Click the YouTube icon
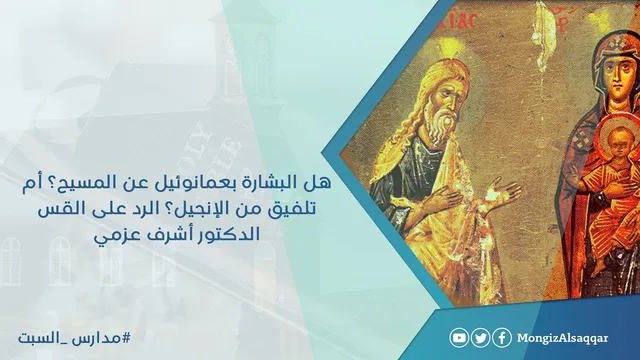(x=459, y=338)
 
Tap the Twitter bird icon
(x=480, y=338)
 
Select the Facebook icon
(x=502, y=338)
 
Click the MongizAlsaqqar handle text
(x=562, y=338)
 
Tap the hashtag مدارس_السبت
(x=75, y=338)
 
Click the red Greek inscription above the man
(x=460, y=19)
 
